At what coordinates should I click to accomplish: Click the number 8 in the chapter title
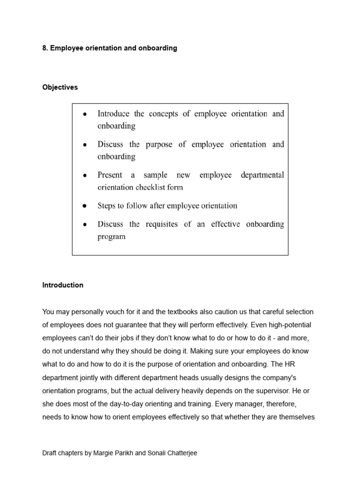tap(45, 48)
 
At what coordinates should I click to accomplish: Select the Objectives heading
tap(60, 88)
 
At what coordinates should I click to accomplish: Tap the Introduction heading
tap(63, 285)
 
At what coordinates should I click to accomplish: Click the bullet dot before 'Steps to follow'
tap(84, 206)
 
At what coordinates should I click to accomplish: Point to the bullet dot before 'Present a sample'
tap(84, 175)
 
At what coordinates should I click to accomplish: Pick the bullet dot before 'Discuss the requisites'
tap(84, 225)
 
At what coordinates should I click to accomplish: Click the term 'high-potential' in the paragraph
tap(287, 325)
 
